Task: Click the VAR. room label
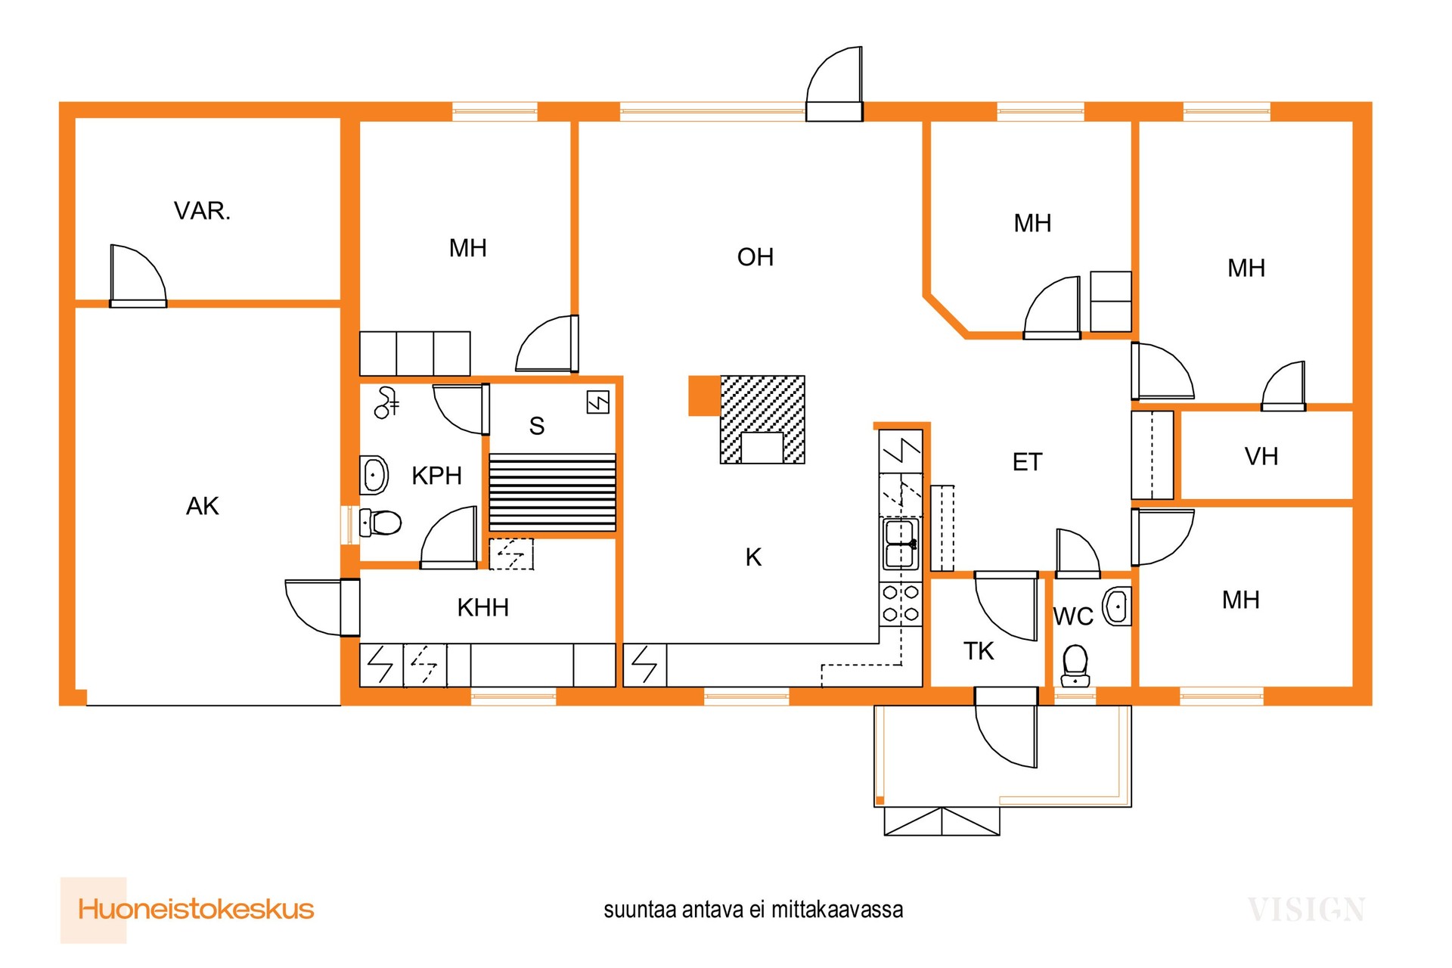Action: [202, 211]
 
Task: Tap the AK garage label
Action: [203, 506]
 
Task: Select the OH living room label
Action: [755, 257]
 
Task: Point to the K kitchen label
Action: [753, 557]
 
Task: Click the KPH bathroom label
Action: [436, 476]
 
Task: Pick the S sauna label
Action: [537, 427]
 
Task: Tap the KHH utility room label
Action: [482, 607]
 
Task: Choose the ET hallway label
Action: [1027, 462]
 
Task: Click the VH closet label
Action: [1261, 457]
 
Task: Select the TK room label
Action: [979, 651]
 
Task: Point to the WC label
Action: [1073, 617]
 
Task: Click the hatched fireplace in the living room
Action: [762, 420]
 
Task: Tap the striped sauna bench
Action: [552, 492]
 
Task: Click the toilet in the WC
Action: [1075, 666]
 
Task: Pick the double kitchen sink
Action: [901, 544]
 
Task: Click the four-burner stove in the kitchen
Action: [901, 603]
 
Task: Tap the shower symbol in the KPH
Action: [386, 402]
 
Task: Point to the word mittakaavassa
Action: [837, 910]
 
